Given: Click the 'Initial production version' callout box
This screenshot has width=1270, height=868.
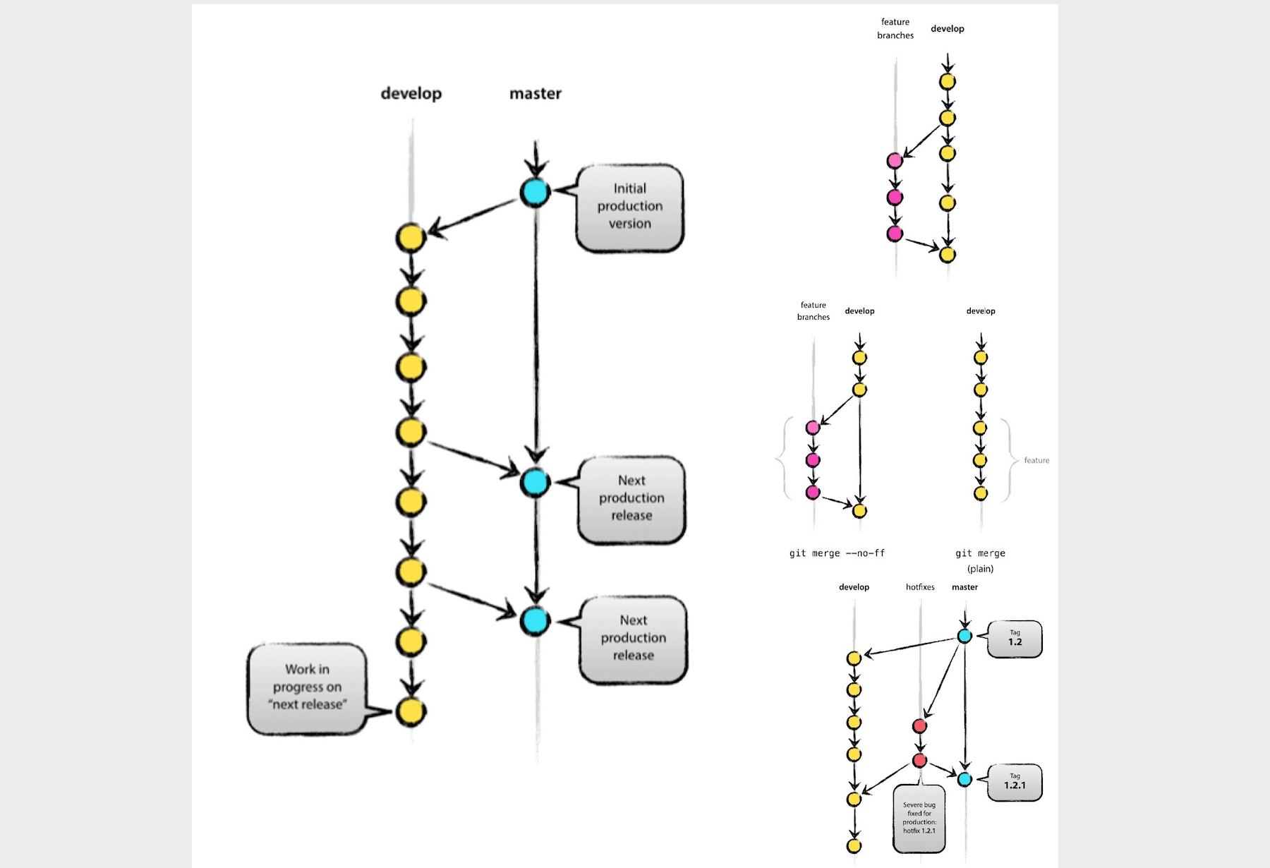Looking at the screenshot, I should tap(629, 207).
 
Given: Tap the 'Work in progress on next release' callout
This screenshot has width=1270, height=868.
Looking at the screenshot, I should tap(307, 687).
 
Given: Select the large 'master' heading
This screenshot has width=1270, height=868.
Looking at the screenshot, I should tap(536, 94).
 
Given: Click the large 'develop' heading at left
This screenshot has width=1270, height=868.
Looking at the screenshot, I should tap(411, 94).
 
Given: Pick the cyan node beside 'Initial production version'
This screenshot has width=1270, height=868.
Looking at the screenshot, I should tap(535, 192).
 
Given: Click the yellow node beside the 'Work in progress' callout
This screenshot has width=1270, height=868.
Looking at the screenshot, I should tap(411, 711).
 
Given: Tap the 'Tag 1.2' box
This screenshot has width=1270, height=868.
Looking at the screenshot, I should tap(1015, 639).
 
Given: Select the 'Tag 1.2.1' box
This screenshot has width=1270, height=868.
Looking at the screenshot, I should tap(1015, 782).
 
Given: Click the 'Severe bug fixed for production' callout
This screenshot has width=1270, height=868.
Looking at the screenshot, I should tap(919, 818).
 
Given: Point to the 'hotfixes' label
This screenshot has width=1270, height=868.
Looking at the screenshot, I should tap(920, 587).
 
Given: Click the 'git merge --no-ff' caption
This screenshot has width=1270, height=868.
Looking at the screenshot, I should tap(837, 553).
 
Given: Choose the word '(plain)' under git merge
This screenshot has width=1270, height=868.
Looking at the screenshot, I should tap(980, 569).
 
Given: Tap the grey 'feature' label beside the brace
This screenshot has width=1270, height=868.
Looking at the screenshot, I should tap(1036, 461).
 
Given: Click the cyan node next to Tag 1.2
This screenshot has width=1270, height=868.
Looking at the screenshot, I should tap(964, 636).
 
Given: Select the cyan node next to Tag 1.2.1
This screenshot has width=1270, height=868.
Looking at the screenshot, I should tap(964, 779).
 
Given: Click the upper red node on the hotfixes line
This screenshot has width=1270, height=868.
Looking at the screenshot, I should tap(919, 725).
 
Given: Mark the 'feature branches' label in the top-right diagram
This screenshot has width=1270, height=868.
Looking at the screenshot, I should tap(895, 29).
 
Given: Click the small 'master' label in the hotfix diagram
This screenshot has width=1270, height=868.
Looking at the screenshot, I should tap(964, 587).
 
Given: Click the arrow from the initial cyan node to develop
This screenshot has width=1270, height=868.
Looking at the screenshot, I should tap(473, 215).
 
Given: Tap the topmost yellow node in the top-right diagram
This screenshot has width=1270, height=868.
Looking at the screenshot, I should tap(948, 81).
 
